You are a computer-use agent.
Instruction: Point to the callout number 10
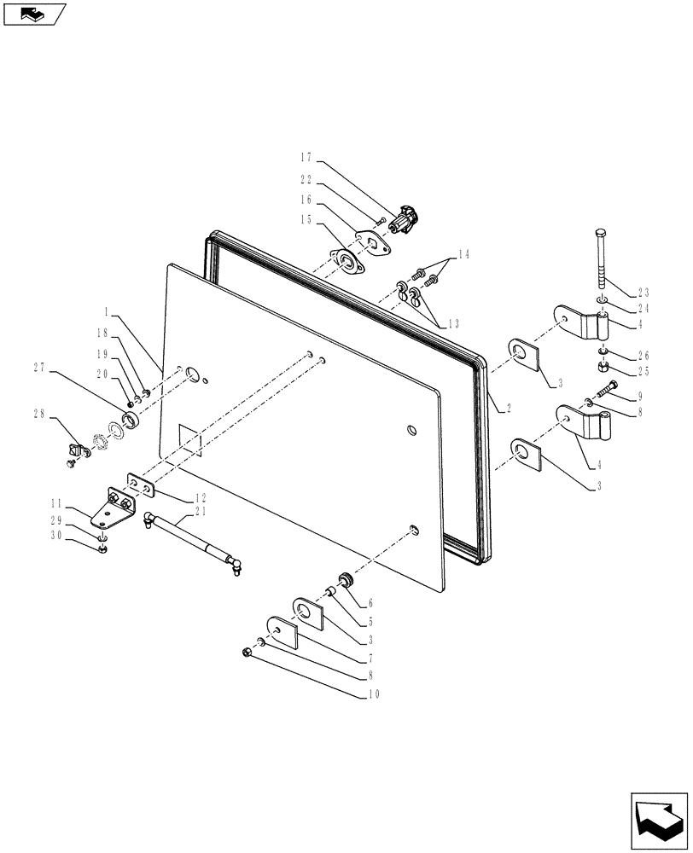[x=374, y=694]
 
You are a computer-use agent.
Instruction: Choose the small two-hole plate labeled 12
[x=141, y=485]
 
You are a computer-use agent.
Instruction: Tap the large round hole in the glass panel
[x=192, y=373]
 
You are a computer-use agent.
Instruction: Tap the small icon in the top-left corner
[x=34, y=14]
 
